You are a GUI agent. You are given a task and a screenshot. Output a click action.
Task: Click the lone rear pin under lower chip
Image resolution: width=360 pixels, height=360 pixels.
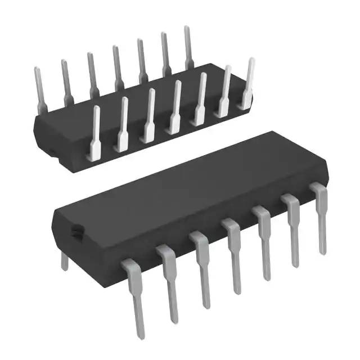(x=65, y=260)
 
